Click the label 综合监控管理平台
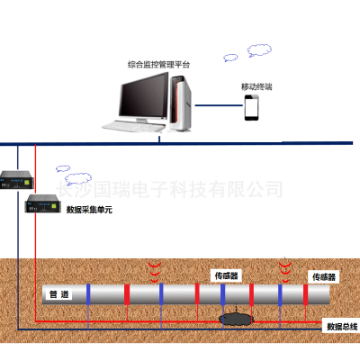(158, 65)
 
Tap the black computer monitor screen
(144, 95)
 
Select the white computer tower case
(180, 104)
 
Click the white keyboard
(134, 126)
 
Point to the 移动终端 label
(256, 87)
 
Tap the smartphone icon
(251, 107)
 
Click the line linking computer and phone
(219, 105)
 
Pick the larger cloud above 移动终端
(259, 50)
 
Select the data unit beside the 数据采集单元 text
(41, 203)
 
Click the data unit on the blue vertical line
(16, 180)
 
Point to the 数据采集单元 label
(89, 209)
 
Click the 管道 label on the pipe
(59, 294)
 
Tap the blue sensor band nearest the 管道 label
(88, 294)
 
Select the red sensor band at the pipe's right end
(305, 294)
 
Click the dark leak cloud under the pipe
(237, 320)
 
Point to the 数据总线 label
(342, 327)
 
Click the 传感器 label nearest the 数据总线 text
(324, 276)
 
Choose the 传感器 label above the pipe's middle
(227, 275)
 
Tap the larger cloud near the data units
(78, 179)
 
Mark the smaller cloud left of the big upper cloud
(230, 58)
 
